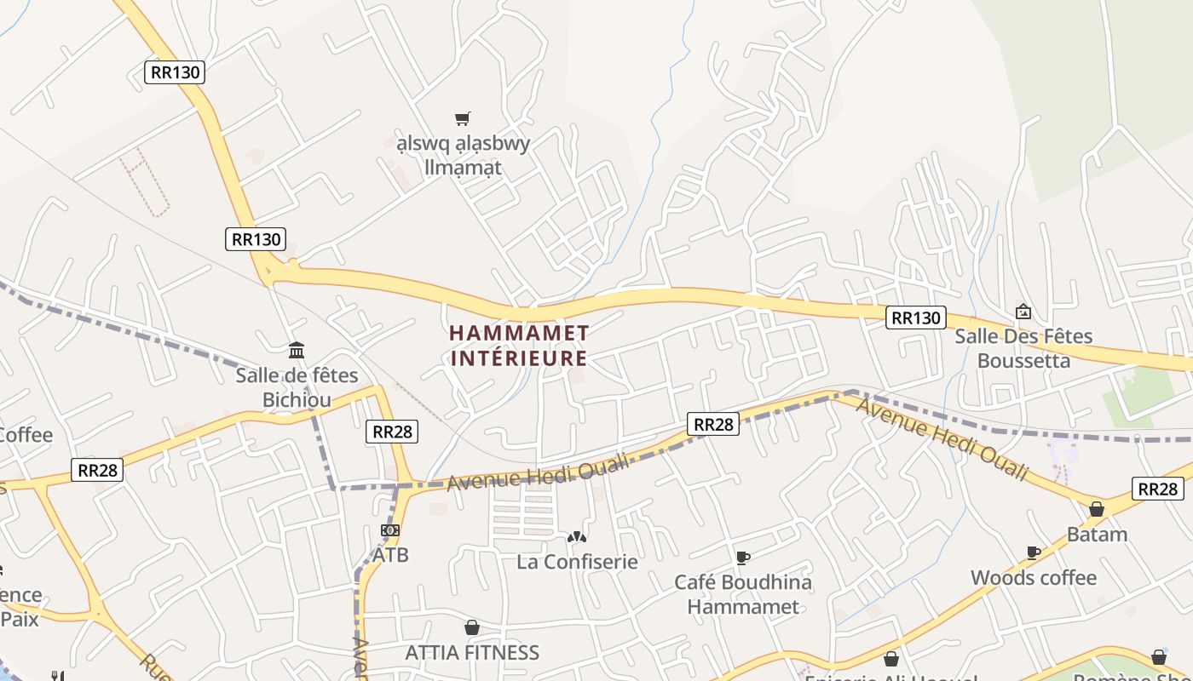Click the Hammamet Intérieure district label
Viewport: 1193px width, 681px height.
coord(519,345)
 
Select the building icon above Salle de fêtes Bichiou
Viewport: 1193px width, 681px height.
coord(297,349)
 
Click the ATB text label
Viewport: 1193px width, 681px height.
coord(390,555)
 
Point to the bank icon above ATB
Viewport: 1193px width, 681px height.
coord(390,530)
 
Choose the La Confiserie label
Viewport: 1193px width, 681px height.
coord(577,562)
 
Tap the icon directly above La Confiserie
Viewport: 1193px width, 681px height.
coord(577,537)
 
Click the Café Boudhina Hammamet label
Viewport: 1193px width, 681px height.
coord(743,594)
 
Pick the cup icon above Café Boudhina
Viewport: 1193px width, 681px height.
coord(743,558)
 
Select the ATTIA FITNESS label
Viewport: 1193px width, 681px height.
coord(472,653)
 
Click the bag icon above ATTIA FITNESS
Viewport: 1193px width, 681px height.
coord(471,627)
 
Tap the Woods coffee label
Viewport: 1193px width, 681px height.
coord(1034,578)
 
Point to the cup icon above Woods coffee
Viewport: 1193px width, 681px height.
coord(1034,552)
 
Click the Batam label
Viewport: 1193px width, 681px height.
coord(1097,535)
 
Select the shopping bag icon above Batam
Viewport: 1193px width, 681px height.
coord(1097,509)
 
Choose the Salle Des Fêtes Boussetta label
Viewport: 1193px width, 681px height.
coord(1023,348)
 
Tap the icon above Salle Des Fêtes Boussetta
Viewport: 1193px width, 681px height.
coord(1023,312)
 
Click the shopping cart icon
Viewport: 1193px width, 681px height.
coord(462,118)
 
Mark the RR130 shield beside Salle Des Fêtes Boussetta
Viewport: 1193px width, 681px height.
coord(916,318)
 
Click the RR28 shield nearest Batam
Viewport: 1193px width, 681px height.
coord(1158,489)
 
